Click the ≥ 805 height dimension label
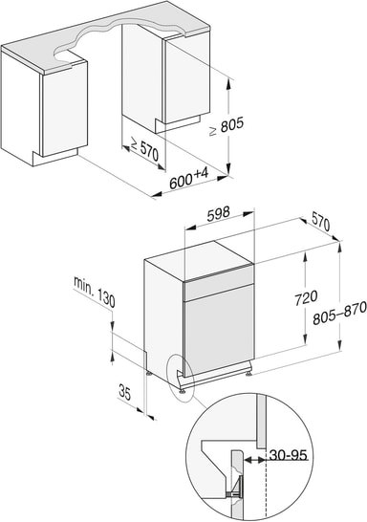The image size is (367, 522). pyautogui.click(x=227, y=126)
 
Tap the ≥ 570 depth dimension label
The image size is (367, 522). pyautogui.click(x=144, y=149)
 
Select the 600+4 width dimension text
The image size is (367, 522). pyautogui.click(x=188, y=179)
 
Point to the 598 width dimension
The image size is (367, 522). pyautogui.click(x=218, y=214)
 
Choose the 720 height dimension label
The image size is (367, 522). pyautogui.click(x=306, y=297)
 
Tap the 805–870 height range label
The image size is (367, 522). pyautogui.click(x=339, y=314)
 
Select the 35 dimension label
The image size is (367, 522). pyautogui.click(x=125, y=392)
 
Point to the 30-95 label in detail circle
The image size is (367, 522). pyautogui.click(x=288, y=454)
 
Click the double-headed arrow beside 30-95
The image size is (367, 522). pyautogui.click(x=255, y=460)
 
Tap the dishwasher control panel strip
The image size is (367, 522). pyautogui.click(x=219, y=287)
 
